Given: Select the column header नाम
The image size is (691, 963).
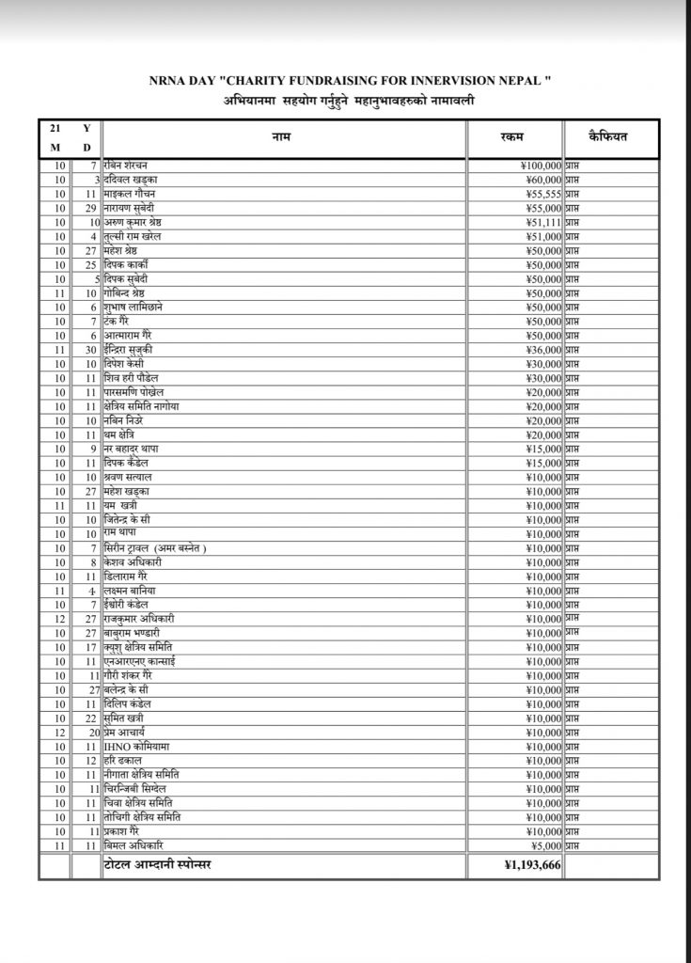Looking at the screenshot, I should click(x=283, y=138).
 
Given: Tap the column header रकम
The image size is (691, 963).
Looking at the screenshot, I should click(x=513, y=138).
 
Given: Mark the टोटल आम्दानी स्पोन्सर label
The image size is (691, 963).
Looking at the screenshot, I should click(x=157, y=864).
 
